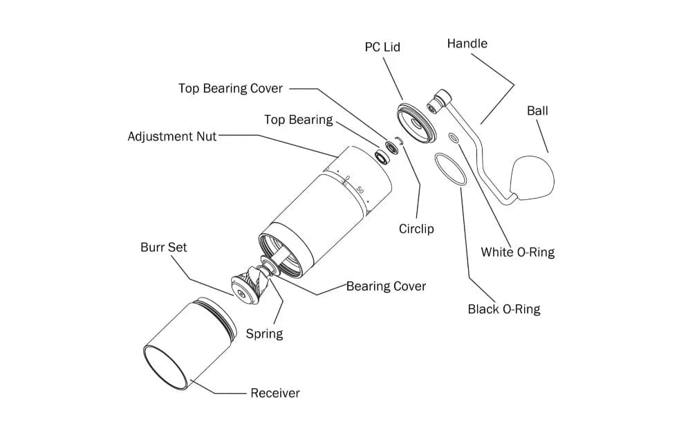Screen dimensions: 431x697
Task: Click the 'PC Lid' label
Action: coord(382,47)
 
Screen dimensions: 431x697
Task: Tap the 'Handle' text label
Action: coord(467,44)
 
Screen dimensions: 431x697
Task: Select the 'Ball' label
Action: coord(537,111)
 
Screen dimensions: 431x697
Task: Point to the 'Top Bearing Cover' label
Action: coord(230,89)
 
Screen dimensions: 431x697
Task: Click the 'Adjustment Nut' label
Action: coord(171,136)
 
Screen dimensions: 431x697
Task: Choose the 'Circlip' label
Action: coord(416,229)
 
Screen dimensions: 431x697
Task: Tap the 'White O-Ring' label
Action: coord(517,253)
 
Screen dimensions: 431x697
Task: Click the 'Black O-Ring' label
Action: coord(504,309)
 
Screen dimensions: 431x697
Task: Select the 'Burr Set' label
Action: coord(163,247)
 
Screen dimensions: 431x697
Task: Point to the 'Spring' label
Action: coord(264,334)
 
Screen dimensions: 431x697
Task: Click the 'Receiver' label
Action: coord(275,394)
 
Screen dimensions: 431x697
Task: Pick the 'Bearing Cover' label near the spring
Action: coord(386,286)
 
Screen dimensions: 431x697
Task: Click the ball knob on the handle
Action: coord(533,178)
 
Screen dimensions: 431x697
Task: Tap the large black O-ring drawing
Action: coord(451,168)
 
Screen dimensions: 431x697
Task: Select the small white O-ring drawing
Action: coord(454,138)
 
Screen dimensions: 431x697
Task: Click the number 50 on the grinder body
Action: coord(360,189)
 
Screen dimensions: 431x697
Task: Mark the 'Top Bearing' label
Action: coord(298,120)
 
